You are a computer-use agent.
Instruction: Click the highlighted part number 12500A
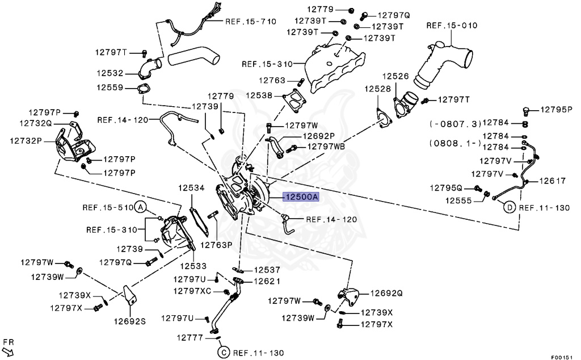coord(302,197)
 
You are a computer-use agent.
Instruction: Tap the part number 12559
coord(110,87)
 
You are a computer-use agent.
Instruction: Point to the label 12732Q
coord(35,123)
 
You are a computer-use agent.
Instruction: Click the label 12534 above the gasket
coord(191,187)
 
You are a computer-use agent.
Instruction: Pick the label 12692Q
coord(386,294)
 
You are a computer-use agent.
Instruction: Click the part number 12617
coord(552,181)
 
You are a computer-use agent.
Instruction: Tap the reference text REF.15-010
coord(452,26)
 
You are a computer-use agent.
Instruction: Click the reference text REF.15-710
coord(251,22)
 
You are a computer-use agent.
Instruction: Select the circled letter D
coord(509,208)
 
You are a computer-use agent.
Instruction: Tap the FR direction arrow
coord(9,347)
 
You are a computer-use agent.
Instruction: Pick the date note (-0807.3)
coord(456,123)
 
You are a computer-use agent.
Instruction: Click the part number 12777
coord(190,337)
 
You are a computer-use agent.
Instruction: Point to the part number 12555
coord(458,200)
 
